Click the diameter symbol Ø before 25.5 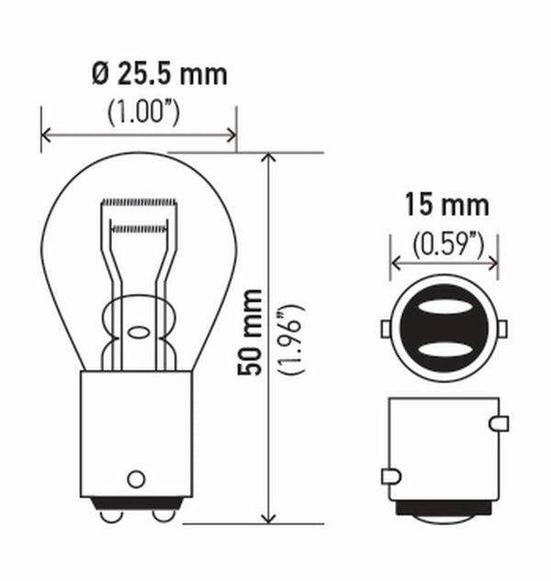[100, 74]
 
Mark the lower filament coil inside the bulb [139, 224]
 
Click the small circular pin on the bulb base [137, 478]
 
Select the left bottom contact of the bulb [111, 515]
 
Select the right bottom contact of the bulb [163, 515]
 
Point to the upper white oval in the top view [444, 309]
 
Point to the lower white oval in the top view [444, 348]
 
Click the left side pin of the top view [387, 328]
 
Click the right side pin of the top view [503, 328]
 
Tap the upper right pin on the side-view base [500, 423]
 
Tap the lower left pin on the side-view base [388, 476]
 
